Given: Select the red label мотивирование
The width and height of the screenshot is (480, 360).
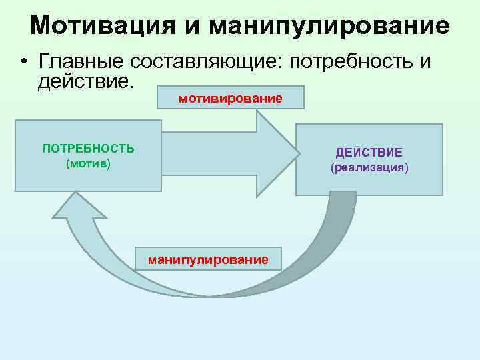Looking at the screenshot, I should tap(231, 99).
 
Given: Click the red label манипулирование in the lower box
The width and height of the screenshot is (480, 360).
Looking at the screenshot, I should tap(208, 259).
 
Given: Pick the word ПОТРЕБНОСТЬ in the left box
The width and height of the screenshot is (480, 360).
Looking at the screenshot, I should tap(88, 148).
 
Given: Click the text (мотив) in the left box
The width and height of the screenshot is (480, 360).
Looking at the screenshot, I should tap(88, 163).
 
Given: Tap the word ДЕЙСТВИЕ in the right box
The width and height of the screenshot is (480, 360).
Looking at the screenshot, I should tap(369, 153).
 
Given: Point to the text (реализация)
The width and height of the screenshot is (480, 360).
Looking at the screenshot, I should tap(369, 167).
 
